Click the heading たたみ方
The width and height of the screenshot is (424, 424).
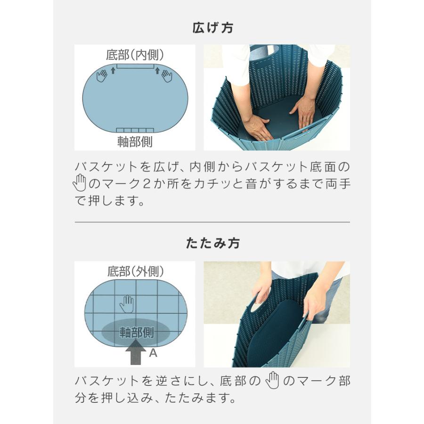[x=212, y=243]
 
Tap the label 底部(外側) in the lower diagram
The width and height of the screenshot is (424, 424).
[x=135, y=271]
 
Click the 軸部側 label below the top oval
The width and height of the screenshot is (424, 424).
[x=135, y=141]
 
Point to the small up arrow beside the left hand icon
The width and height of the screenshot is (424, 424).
[x=113, y=71]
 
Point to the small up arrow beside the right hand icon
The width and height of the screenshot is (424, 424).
[x=156, y=71]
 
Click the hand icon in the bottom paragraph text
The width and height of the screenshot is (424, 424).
[x=273, y=381]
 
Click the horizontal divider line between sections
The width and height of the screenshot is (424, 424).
[x=212, y=222]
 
